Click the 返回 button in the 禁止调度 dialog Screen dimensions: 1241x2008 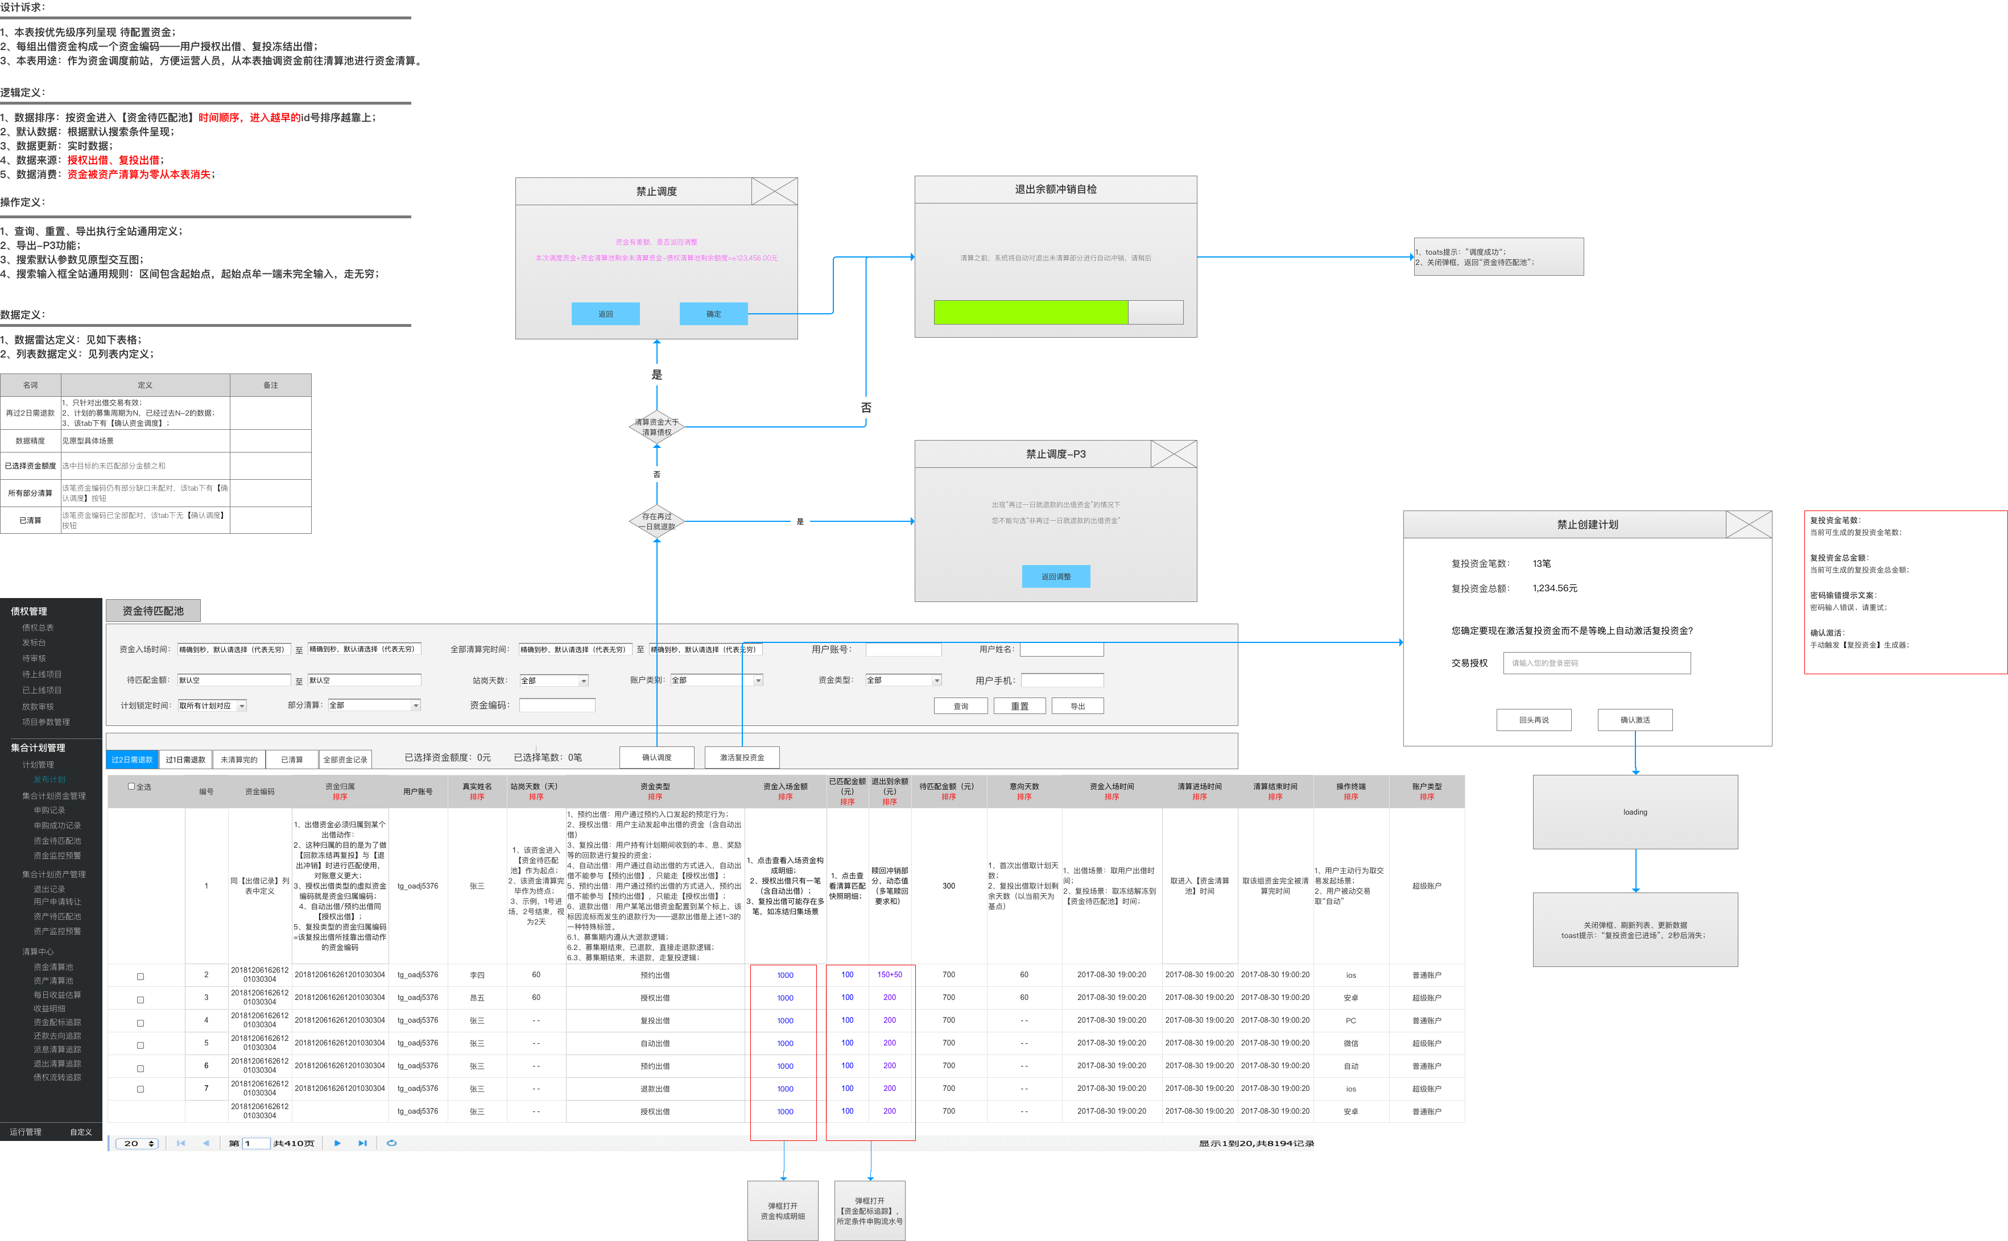coord(605,314)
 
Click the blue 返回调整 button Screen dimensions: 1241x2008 coord(1055,576)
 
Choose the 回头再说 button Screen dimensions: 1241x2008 coord(1534,720)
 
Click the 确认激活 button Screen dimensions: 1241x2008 coord(1634,720)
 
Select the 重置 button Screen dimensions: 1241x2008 coord(1019,706)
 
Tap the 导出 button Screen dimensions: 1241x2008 coord(1077,706)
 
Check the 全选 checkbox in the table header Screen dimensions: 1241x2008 coord(131,786)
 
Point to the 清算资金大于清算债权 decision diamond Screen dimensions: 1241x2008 coord(656,427)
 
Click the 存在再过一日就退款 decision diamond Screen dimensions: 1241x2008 coord(656,521)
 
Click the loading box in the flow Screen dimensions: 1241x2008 coord(1634,812)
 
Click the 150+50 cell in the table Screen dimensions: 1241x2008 coord(890,975)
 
